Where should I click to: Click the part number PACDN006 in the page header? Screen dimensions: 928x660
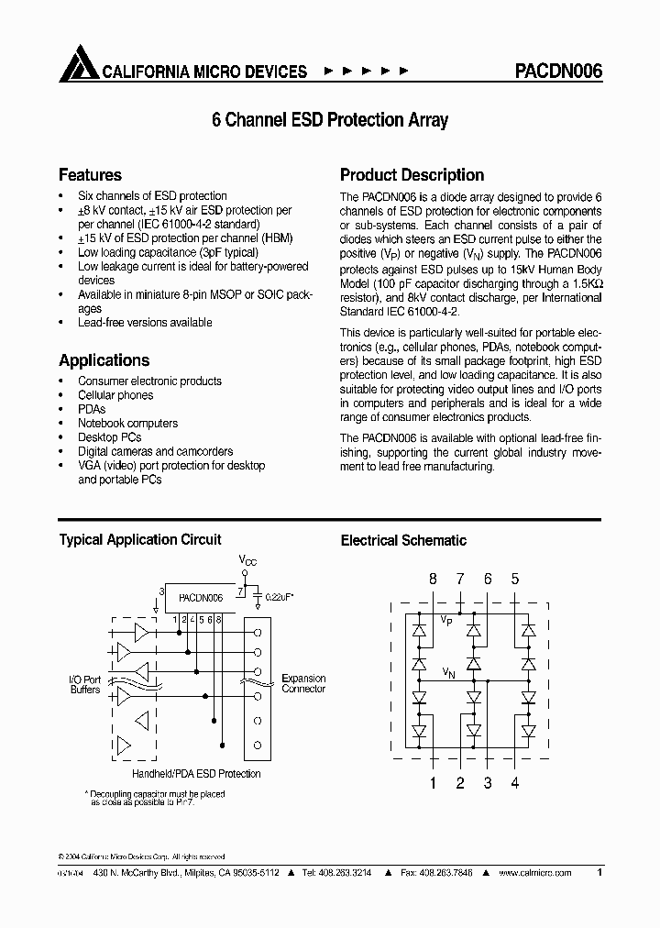click(x=553, y=71)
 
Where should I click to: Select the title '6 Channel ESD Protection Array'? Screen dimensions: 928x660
click(x=330, y=120)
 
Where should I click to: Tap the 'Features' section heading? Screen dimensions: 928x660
click(x=90, y=174)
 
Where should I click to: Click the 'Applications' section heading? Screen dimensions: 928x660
click(x=104, y=360)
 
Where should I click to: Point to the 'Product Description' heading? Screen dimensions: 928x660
click(x=412, y=174)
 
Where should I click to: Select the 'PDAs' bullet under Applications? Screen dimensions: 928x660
click(x=92, y=409)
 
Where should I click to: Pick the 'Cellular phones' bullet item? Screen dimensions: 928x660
click(x=115, y=395)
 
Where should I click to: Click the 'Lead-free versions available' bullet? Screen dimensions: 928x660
click(x=145, y=323)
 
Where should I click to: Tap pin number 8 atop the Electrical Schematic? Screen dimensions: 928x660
click(x=434, y=579)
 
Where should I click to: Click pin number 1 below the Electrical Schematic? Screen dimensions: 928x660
click(x=434, y=782)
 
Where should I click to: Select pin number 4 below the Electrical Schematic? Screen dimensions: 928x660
click(x=514, y=782)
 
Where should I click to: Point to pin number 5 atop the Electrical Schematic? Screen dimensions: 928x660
click(x=514, y=579)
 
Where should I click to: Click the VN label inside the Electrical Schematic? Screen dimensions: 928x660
click(x=446, y=672)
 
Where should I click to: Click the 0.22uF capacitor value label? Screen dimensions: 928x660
click(x=280, y=597)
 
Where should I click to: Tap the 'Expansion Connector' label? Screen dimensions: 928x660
click(x=303, y=683)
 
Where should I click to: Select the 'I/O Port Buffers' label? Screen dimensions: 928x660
click(x=85, y=684)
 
